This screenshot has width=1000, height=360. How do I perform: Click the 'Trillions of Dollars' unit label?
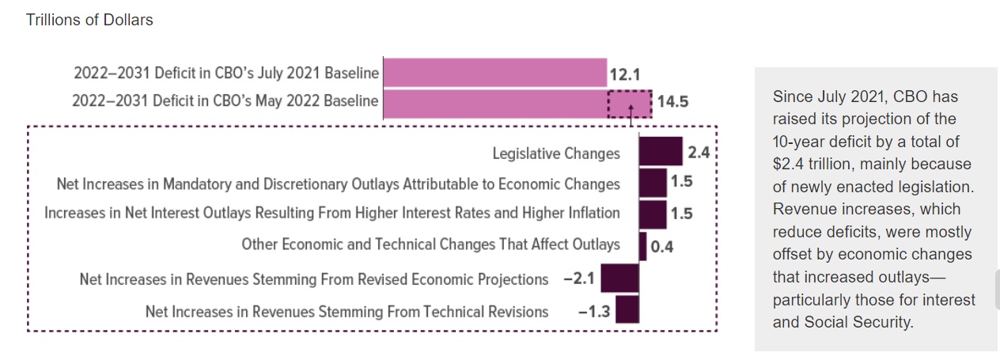(x=89, y=20)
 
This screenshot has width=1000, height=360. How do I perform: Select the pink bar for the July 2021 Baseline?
(x=495, y=72)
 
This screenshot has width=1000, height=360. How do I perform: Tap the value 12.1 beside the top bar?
(x=625, y=74)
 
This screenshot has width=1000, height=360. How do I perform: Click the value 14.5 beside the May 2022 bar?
(x=672, y=101)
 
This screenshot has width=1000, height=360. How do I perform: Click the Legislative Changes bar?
(x=661, y=151)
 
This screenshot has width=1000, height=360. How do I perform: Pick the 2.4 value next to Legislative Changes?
(x=699, y=153)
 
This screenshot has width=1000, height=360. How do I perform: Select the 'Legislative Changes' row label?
(x=556, y=153)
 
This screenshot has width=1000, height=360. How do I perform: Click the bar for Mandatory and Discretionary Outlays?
(x=653, y=183)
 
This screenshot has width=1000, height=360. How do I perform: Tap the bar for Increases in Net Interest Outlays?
(x=653, y=215)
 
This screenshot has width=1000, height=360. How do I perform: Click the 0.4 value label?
(x=662, y=247)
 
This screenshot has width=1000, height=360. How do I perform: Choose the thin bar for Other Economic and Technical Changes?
(x=643, y=247)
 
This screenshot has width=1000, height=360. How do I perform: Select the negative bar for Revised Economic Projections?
(x=620, y=278)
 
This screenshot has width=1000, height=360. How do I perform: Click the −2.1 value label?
(x=579, y=279)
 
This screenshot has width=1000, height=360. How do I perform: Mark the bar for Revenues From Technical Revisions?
(x=627, y=309)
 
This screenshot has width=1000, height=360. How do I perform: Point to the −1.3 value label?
(x=594, y=311)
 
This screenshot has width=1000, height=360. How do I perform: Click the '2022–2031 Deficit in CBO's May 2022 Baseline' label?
(x=225, y=101)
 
